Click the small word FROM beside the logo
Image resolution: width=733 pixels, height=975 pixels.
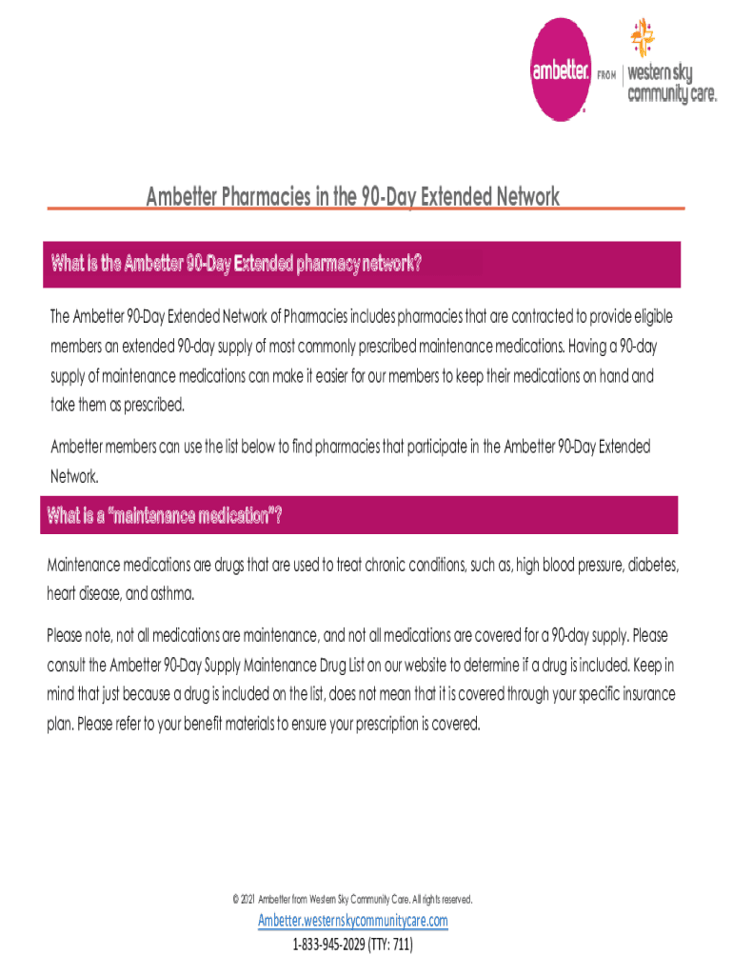tap(606, 73)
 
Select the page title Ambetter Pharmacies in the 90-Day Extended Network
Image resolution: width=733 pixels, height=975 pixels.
tap(352, 197)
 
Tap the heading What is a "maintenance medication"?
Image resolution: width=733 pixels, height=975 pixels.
tap(165, 516)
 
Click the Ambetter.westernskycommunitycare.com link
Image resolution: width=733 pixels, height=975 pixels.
tap(352, 921)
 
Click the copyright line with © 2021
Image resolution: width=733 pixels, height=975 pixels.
tap(352, 899)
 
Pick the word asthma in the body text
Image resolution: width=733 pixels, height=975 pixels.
tap(172, 595)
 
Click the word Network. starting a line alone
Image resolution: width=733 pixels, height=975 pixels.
tap(73, 474)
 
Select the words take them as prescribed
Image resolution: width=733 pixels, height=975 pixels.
tap(118, 404)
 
